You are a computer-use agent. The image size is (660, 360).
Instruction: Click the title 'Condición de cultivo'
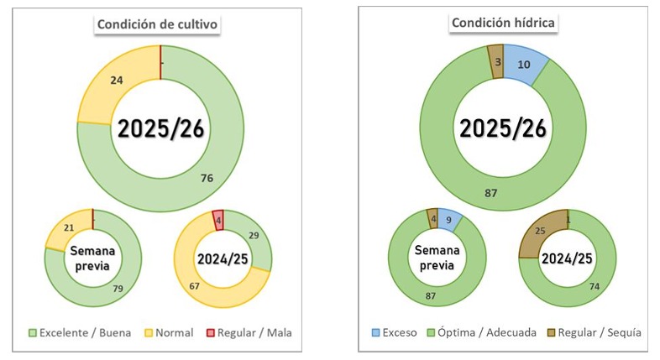click(x=158, y=24)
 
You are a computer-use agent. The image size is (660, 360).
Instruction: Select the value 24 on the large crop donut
click(x=118, y=81)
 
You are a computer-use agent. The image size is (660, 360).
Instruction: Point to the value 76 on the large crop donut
click(x=207, y=177)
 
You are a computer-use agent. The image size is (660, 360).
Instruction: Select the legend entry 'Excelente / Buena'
click(x=81, y=332)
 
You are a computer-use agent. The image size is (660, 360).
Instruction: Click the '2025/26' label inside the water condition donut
click(x=501, y=128)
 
